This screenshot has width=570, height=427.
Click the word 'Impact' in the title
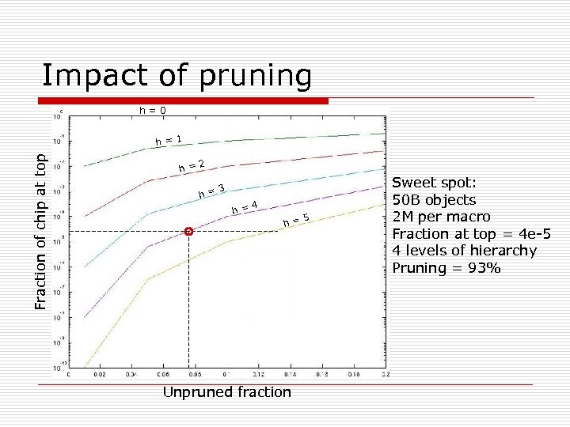pyautogui.click(x=88, y=75)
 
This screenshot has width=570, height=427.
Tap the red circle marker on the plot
pyautogui.click(x=188, y=231)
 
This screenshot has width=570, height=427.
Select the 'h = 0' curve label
pyautogui.click(x=152, y=110)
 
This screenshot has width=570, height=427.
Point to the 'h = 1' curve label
pyautogui.click(x=169, y=141)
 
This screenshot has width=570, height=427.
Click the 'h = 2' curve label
pyautogui.click(x=192, y=166)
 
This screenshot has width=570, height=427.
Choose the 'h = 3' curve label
pyautogui.click(x=213, y=190)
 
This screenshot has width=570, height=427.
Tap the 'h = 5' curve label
pyautogui.click(x=295, y=221)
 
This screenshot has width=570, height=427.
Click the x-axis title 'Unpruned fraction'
pyautogui.click(x=226, y=392)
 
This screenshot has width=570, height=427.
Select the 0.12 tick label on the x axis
pyautogui.click(x=258, y=375)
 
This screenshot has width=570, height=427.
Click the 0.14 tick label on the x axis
pyautogui.click(x=291, y=375)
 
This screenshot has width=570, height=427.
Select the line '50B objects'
pyautogui.click(x=434, y=199)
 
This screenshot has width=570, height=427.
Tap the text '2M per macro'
pyautogui.click(x=441, y=217)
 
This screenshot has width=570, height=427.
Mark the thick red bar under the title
pyautogui.click(x=184, y=101)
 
